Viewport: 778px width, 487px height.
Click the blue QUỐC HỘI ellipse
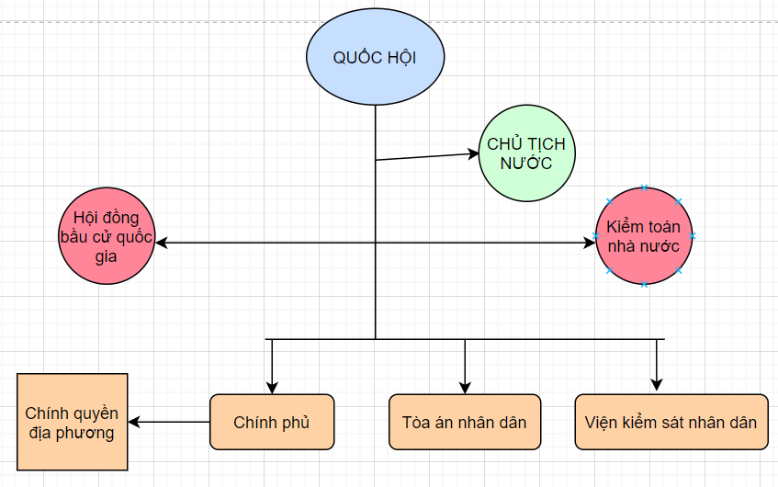coord(375,57)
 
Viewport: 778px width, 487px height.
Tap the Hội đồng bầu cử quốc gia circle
coord(107,236)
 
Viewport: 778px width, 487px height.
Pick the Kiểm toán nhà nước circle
coord(643,236)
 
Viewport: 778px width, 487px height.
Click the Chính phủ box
coord(272,423)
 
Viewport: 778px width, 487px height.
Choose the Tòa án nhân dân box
coord(465,423)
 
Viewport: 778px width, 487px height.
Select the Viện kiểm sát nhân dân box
coord(671,423)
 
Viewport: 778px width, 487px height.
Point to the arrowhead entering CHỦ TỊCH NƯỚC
coord(470,153)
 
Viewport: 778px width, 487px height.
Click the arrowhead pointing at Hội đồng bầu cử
coord(162,243)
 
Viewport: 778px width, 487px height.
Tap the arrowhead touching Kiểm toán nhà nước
coord(590,243)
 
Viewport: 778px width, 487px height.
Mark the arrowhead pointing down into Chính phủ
coord(272,387)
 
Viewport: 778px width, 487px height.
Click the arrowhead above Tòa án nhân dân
coord(465,387)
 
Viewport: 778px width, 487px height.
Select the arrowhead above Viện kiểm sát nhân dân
coord(656,385)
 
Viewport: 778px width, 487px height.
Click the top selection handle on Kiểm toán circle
coord(643,188)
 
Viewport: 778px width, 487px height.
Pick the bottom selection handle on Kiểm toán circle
coord(643,284)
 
